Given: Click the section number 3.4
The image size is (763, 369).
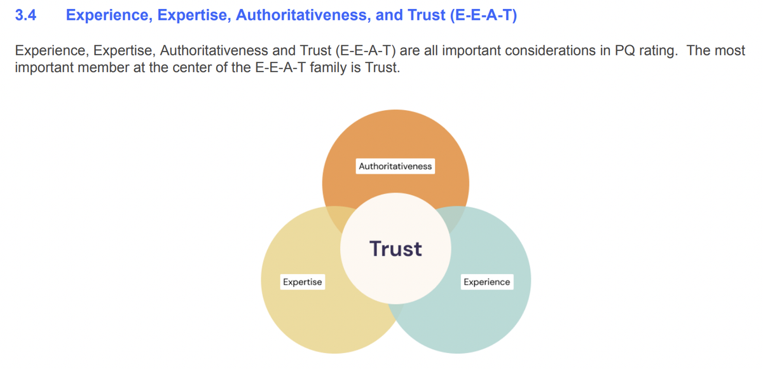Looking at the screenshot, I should (26, 16).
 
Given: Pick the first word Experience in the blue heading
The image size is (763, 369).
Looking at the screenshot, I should (106, 16).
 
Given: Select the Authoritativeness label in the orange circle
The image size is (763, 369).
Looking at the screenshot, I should (395, 167).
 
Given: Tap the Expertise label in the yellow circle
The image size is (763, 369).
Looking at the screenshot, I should (303, 282).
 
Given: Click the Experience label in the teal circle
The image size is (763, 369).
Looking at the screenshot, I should (486, 282).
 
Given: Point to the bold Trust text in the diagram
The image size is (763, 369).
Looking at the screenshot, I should (395, 248).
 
